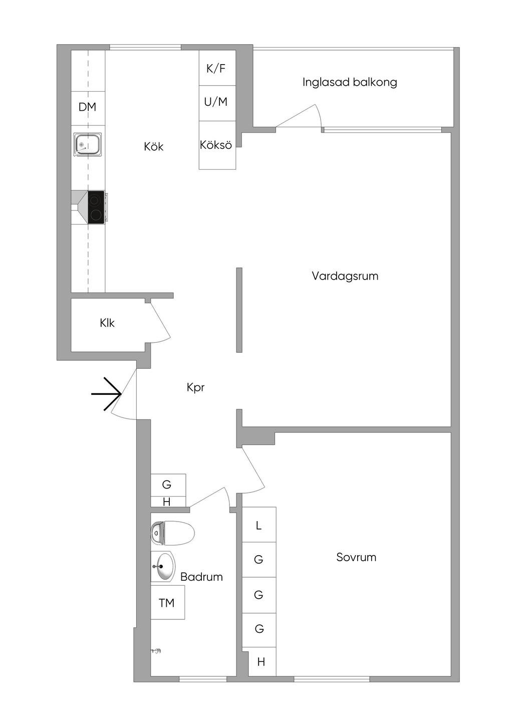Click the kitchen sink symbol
pyautogui.click(x=88, y=145)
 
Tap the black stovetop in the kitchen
pyautogui.click(x=96, y=207)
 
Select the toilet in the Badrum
pyautogui.click(x=172, y=533)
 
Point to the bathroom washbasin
pyautogui.click(x=163, y=567)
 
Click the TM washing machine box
pyautogui.click(x=167, y=602)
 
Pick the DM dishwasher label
pyautogui.click(x=87, y=107)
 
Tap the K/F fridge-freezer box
pyautogui.click(x=216, y=68)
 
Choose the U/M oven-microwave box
pyautogui.click(x=216, y=102)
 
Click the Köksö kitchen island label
pyautogui.click(x=216, y=145)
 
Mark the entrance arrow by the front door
pyautogui.click(x=107, y=394)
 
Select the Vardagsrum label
pyautogui.click(x=345, y=276)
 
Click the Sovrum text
pyautogui.click(x=356, y=557)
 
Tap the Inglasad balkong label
pyautogui.click(x=350, y=82)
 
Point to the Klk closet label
pyautogui.click(x=107, y=323)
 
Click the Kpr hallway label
pyautogui.click(x=195, y=387)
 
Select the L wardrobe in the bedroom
pyautogui.click(x=259, y=525)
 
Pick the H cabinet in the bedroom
pyautogui.click(x=262, y=662)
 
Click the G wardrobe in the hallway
pyautogui.click(x=167, y=485)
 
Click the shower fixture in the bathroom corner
pyautogui.click(x=156, y=651)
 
